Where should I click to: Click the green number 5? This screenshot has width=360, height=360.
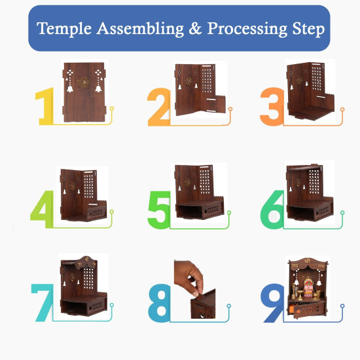pyautogui.click(x=159, y=208)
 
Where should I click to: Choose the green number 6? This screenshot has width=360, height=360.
pyautogui.click(x=272, y=208)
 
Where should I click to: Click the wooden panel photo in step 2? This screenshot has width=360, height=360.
pyautogui.click(x=198, y=88)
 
